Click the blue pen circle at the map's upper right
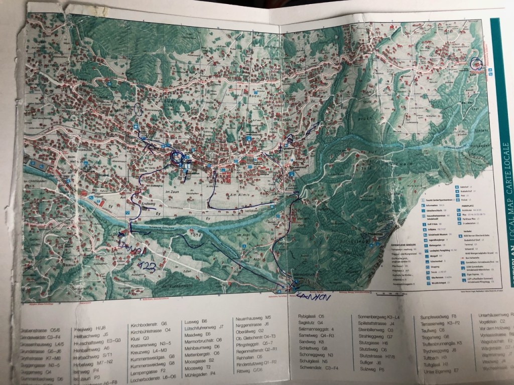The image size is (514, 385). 475,64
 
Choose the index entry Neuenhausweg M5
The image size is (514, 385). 253,318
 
